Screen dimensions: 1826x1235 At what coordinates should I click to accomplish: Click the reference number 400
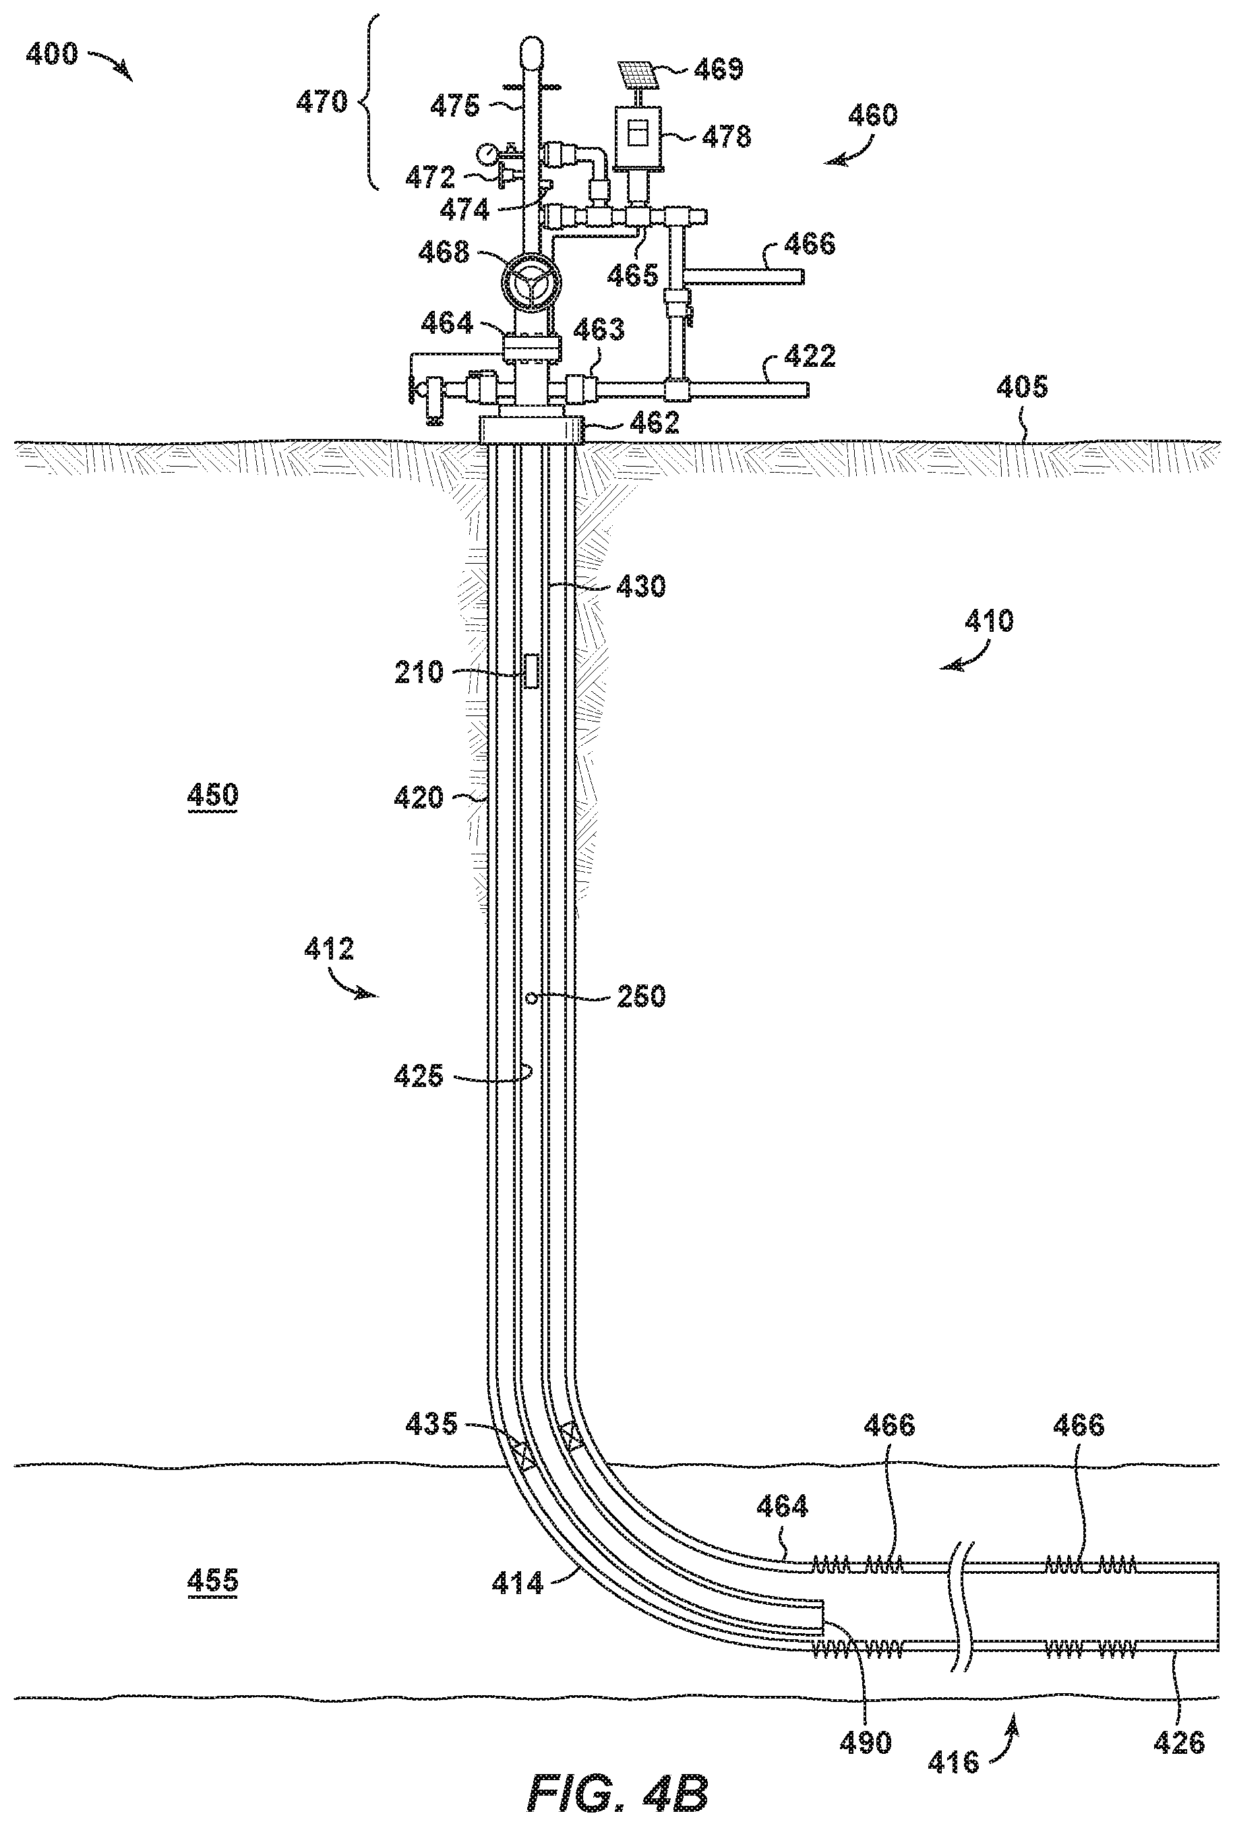pos(53,53)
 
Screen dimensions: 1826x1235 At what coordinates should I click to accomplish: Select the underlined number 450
pos(213,795)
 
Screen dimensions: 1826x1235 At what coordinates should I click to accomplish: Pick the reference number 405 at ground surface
pos(1022,387)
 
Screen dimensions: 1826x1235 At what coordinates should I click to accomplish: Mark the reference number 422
pos(811,356)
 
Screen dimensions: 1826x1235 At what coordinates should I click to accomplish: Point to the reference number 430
pos(641,585)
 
